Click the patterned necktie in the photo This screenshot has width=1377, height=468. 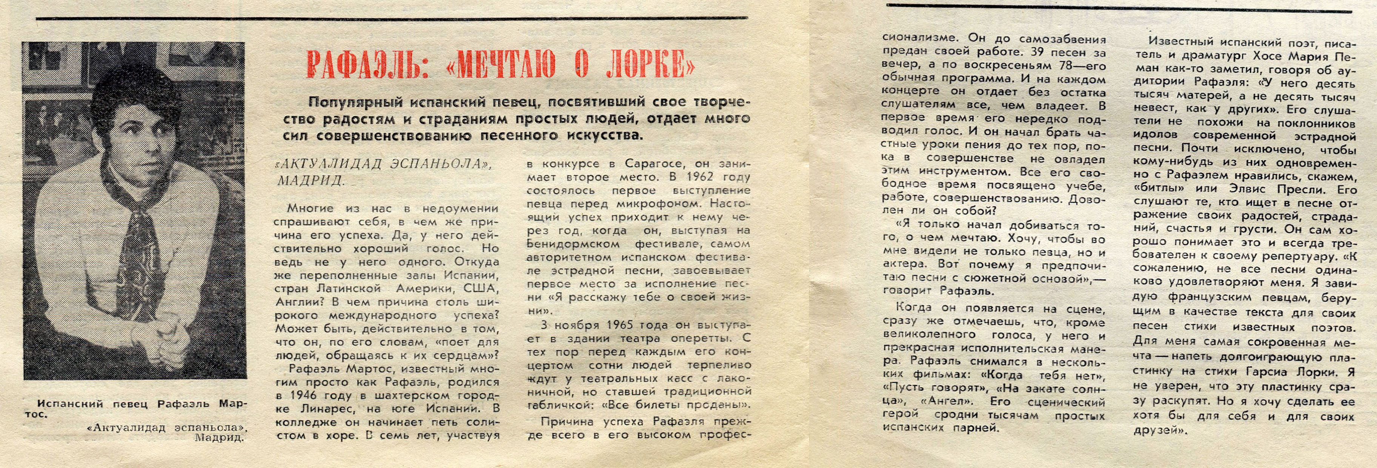point(140,251)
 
